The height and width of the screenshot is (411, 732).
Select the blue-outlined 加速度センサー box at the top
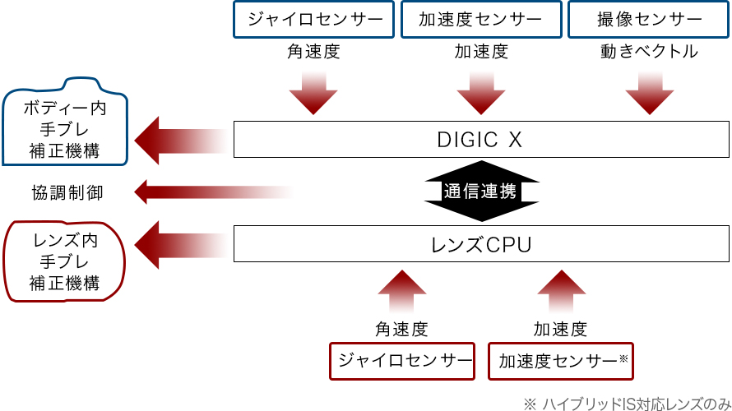(481, 19)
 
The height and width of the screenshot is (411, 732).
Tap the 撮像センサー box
(648, 19)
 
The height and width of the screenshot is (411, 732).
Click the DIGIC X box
(481, 140)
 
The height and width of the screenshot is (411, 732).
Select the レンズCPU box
(481, 244)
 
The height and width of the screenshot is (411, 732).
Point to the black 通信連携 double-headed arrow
(481, 192)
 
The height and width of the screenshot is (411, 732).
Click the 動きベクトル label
(649, 52)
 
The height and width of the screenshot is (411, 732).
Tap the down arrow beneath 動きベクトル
(649, 93)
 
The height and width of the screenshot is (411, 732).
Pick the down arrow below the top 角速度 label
(313, 93)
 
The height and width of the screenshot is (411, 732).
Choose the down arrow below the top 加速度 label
(481, 93)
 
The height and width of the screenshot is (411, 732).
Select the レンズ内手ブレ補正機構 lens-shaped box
(65, 261)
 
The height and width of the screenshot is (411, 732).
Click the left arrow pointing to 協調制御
(210, 192)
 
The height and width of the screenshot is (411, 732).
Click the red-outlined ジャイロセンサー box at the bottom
(403, 361)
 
